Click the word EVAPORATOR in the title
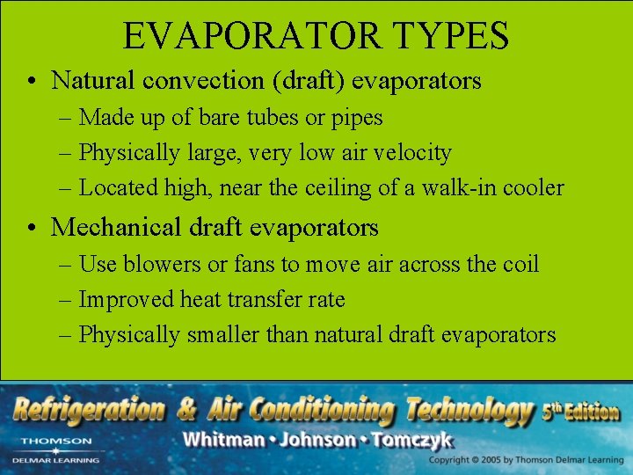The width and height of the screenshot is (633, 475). coord(252,36)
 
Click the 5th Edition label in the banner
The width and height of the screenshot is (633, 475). coord(581,411)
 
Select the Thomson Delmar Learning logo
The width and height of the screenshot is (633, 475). coord(56,449)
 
